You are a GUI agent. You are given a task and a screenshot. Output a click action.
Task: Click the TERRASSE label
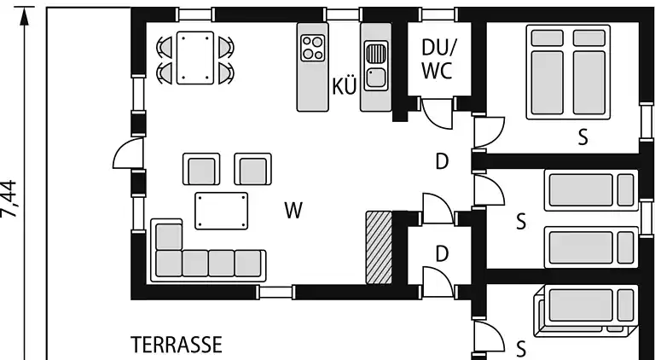click(x=177, y=345)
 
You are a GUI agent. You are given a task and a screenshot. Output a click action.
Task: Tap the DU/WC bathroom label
click(x=437, y=60)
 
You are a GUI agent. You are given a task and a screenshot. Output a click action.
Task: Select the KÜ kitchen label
click(x=345, y=86)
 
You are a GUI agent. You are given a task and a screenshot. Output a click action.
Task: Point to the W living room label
click(x=293, y=210)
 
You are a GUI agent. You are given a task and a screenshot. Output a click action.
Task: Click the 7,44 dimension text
click(x=9, y=199)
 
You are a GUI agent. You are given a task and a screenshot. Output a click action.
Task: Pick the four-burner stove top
click(x=312, y=48)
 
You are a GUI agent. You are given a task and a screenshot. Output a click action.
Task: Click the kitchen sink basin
click(x=376, y=78)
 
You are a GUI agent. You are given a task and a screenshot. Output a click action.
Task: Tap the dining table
click(x=195, y=58)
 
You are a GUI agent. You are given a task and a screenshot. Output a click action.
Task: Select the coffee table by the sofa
click(x=222, y=211)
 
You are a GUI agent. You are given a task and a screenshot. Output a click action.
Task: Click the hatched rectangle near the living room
click(x=379, y=247)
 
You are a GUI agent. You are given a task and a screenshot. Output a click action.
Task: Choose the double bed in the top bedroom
click(x=568, y=73)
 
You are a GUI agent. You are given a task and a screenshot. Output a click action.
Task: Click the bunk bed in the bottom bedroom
click(x=586, y=311)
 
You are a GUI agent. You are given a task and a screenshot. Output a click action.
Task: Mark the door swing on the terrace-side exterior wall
click(x=128, y=154)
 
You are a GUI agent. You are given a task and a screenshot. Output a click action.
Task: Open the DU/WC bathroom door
click(x=437, y=113)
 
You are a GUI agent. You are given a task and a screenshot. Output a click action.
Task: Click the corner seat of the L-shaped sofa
click(x=169, y=236)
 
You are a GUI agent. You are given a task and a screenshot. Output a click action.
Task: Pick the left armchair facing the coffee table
click(x=201, y=169)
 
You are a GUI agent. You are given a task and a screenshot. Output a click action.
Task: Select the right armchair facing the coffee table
click(x=252, y=169)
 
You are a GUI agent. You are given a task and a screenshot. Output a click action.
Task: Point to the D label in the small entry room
click(x=442, y=254)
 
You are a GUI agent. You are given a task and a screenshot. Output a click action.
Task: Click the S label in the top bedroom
click(x=583, y=137)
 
